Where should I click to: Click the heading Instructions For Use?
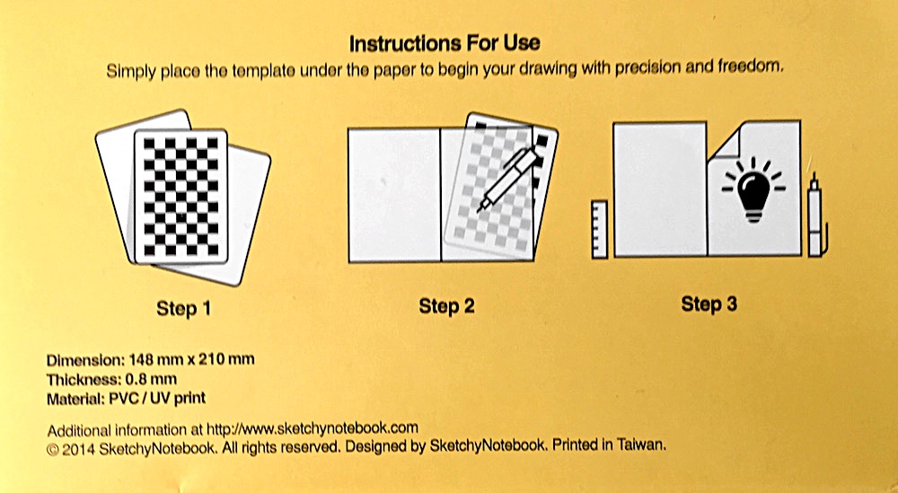click(x=445, y=43)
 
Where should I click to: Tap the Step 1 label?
click(x=184, y=309)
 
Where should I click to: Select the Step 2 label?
click(x=446, y=305)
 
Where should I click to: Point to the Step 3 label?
click(x=709, y=304)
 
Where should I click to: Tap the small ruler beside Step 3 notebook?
click(x=599, y=229)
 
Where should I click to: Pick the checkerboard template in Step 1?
click(x=181, y=197)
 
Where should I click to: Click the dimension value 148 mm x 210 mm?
click(x=191, y=360)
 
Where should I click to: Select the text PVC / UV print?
click(x=157, y=398)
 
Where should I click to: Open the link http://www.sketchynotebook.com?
click(x=313, y=428)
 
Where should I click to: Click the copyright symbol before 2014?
click(x=53, y=450)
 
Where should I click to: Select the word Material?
click(x=75, y=399)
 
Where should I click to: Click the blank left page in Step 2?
click(x=394, y=195)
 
